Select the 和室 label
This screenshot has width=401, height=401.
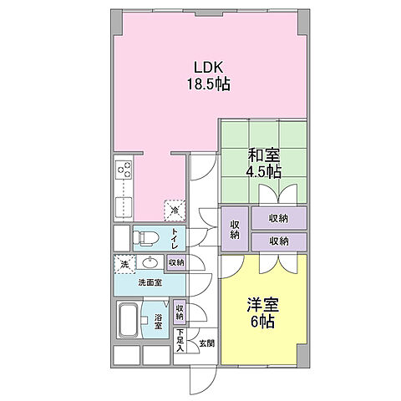coord(263,155)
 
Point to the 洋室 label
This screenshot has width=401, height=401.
coord(261,304)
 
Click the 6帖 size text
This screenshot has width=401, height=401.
coord(261,320)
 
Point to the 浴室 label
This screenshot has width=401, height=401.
coord(157,320)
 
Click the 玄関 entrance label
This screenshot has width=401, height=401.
coord(206,343)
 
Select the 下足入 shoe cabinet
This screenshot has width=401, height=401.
coord(179,341)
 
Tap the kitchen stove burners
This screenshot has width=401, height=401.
coord(125,172)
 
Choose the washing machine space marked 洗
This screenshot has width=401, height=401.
coord(123,263)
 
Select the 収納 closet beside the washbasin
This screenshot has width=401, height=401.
coord(175,262)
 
